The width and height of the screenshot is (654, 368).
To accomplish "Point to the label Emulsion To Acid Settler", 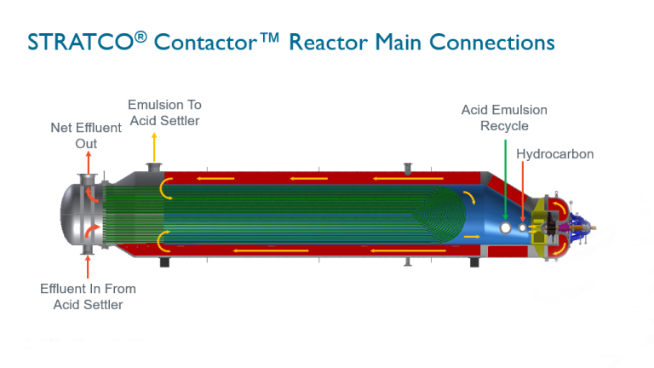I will point(164,112).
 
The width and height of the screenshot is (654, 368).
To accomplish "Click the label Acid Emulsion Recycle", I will point(504,118).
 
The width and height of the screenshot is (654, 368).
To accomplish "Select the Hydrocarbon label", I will point(555,154).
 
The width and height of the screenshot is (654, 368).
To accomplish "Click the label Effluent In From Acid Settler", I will point(88,296).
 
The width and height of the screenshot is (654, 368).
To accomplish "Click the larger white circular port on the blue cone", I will point(506,227).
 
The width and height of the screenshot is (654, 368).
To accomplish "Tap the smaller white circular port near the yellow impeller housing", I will point(522,227).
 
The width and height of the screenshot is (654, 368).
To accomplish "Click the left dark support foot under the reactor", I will point(160,262).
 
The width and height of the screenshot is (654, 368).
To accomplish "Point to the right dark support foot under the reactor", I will point(473,262).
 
